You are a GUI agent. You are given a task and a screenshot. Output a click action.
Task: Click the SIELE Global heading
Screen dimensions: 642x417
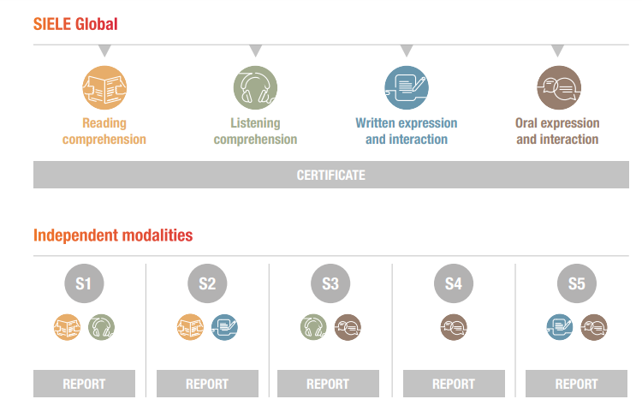point(75,24)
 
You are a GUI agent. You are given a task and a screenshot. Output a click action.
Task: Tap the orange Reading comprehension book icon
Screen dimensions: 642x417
point(104,87)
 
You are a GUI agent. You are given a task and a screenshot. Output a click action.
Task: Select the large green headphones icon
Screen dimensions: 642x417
point(255,87)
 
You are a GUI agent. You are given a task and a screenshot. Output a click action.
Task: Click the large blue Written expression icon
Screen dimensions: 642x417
point(407,87)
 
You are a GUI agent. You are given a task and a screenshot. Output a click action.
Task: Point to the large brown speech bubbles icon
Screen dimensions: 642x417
point(559,87)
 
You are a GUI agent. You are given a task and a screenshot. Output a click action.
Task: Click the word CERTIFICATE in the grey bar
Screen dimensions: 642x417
point(330,176)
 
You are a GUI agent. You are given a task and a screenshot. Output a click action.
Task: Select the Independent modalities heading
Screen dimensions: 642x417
point(113,235)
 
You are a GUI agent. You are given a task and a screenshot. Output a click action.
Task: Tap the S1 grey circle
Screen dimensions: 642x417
point(84,283)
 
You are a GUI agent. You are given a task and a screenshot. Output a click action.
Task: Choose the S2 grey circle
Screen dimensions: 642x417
point(207,283)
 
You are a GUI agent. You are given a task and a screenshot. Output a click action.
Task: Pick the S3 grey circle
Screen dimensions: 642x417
point(330,283)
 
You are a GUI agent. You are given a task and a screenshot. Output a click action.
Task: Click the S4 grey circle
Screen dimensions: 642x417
point(454,283)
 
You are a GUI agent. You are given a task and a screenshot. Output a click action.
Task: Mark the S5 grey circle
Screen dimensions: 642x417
point(577,283)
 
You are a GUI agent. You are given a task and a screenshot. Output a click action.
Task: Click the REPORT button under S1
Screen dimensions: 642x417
point(85,384)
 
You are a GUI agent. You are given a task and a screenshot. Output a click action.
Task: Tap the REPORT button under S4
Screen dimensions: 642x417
point(454,384)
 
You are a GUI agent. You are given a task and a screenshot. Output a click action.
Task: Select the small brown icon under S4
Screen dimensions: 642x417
point(454,327)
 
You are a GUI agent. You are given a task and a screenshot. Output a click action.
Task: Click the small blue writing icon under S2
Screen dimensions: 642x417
point(224,327)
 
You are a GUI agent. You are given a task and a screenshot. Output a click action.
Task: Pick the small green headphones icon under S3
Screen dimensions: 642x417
point(313,327)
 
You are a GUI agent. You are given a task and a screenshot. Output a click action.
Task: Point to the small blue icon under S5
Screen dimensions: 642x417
point(560,327)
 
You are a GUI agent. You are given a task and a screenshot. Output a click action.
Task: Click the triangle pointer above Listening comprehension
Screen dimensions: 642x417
point(255,51)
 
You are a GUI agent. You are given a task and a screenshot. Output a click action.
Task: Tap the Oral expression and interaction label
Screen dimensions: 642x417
point(557,131)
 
